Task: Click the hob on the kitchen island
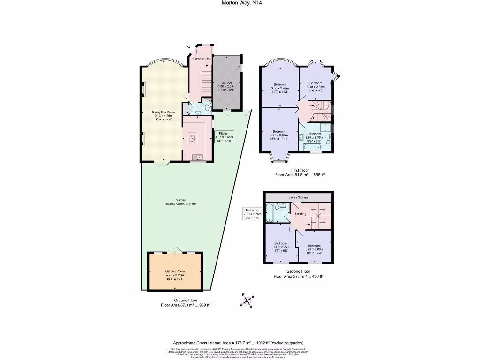tap(193, 137)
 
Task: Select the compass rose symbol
tap(247, 301)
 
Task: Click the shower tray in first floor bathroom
tap(324, 127)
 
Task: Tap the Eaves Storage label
tap(298, 197)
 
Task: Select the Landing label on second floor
tap(300, 214)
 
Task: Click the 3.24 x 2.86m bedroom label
tap(314, 248)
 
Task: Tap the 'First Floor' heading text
tap(300, 170)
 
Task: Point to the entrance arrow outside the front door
tap(188, 47)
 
